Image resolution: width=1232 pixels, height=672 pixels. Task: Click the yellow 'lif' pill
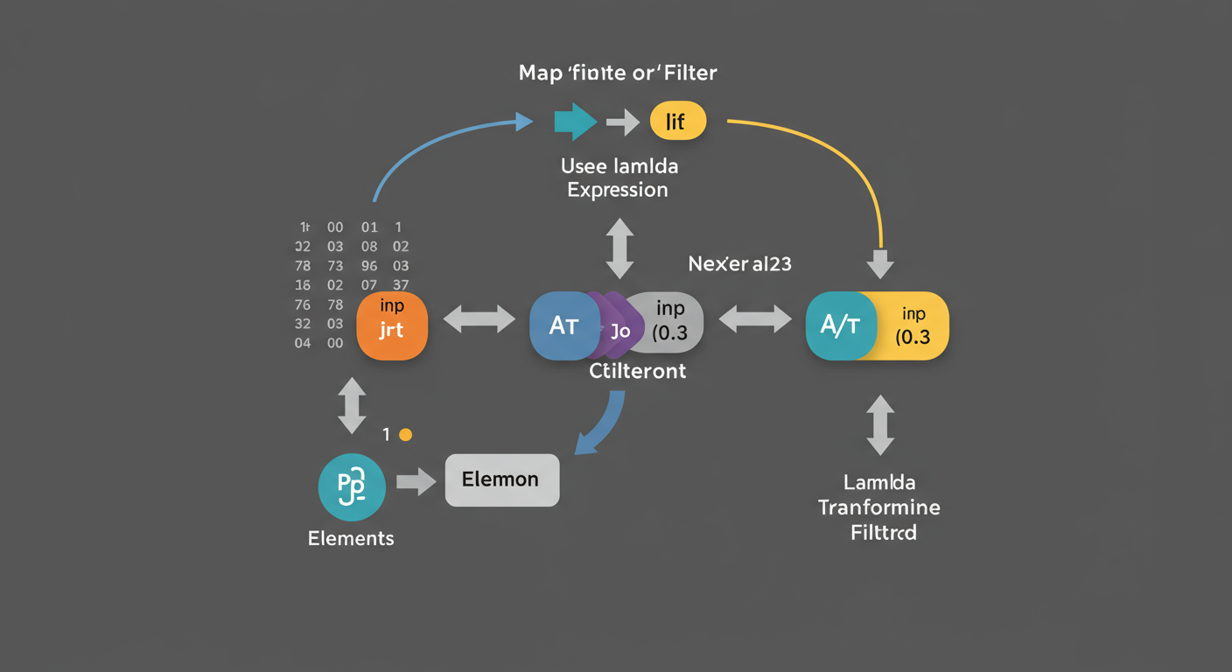point(677,121)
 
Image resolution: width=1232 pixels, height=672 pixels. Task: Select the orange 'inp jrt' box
point(392,325)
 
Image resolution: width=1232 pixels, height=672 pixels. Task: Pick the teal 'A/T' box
point(838,325)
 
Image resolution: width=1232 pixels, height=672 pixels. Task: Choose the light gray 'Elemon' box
point(501,479)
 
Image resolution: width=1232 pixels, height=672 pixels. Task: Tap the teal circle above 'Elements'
point(352,486)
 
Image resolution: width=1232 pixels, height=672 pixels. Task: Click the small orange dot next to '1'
point(404,434)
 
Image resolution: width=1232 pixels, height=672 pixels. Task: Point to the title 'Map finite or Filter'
point(618,73)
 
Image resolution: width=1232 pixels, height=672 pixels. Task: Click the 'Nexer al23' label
point(739,263)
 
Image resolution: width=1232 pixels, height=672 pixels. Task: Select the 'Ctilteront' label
point(637,371)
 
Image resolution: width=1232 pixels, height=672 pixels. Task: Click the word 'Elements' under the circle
point(351,538)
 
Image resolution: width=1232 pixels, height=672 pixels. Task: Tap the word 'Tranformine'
point(878,507)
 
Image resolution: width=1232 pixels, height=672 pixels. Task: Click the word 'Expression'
point(618,190)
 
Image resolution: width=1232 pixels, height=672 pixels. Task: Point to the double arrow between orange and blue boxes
point(479,318)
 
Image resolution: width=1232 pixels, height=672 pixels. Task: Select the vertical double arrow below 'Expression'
point(619,248)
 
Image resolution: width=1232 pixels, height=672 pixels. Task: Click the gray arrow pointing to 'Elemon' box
point(416,480)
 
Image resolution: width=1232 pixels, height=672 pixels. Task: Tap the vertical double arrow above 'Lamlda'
point(879,424)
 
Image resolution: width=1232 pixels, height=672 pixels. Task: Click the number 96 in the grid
point(369,266)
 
